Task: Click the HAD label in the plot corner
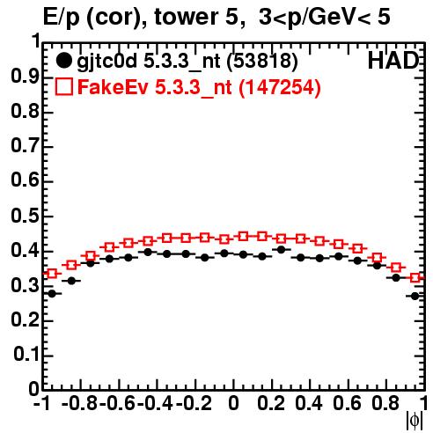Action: click(393, 61)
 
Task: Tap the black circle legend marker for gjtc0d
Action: click(63, 61)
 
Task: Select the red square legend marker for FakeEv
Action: click(63, 86)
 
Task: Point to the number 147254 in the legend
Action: click(279, 87)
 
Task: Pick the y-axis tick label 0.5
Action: click(25, 216)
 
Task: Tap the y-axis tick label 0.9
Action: click(25, 77)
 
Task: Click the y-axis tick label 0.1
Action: click(26, 355)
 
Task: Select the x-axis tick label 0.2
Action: click(271, 403)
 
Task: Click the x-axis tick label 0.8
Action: click(385, 403)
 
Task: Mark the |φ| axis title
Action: click(415, 421)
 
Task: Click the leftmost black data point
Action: click(52, 293)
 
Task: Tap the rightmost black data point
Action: click(415, 297)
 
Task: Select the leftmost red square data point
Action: click(52, 274)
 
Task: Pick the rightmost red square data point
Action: click(415, 277)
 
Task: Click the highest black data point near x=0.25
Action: click(281, 250)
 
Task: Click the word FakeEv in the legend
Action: click(113, 87)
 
